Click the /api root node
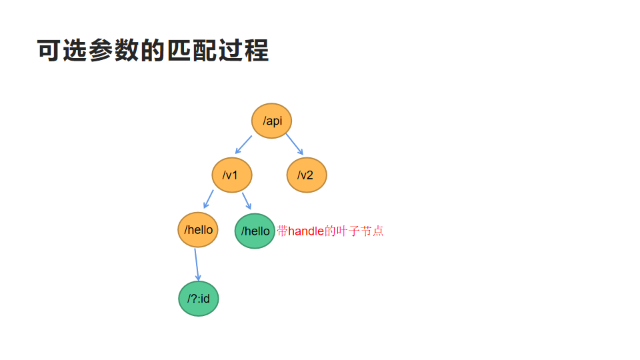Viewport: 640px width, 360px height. point(272,121)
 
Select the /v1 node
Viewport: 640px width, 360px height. point(232,175)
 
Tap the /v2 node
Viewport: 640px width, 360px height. point(307,175)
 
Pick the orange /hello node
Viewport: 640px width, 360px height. point(199,230)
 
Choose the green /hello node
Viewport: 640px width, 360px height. point(255,231)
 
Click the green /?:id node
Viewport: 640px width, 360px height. point(199,298)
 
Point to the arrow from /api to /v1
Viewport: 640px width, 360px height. point(243,145)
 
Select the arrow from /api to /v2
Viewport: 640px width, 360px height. point(295,144)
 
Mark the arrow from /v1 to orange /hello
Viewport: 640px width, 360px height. point(208,199)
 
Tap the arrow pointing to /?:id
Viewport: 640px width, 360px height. point(197,265)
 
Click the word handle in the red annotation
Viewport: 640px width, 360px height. point(306,231)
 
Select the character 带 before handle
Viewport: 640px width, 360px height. point(283,231)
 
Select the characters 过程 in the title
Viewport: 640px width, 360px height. point(244,51)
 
